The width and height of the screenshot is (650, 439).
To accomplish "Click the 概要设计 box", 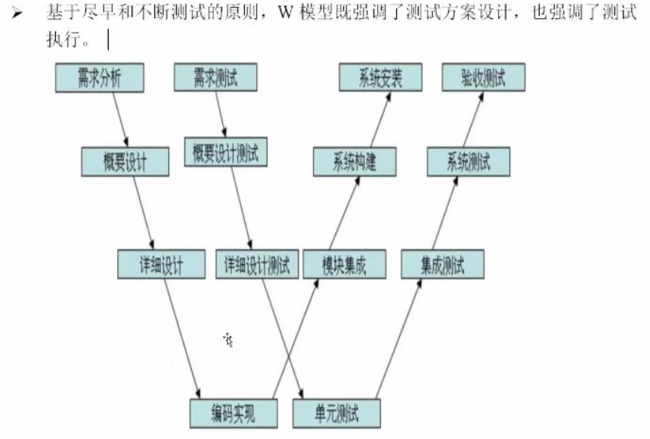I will (124, 161).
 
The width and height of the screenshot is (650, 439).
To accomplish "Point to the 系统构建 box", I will (354, 161).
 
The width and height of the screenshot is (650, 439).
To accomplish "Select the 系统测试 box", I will (468, 161).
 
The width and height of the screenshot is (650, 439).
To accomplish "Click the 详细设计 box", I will (161, 265).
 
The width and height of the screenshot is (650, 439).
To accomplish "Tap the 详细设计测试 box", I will (257, 265).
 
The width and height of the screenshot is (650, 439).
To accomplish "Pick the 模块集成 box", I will (344, 265).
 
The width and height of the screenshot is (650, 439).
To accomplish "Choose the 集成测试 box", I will (443, 265).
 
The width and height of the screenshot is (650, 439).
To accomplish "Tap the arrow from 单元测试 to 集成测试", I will (399, 338).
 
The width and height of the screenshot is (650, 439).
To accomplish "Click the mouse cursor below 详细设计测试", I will (228, 340).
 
